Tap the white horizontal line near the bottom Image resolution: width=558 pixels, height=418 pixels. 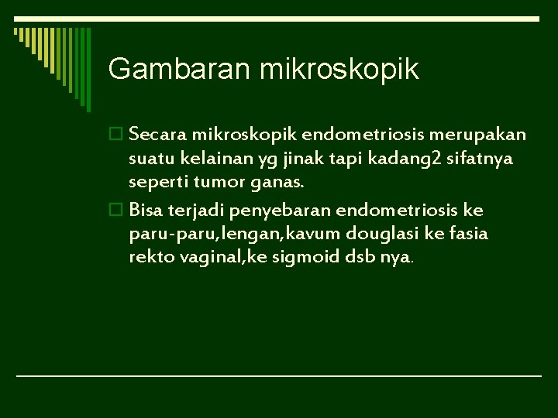coord(279,375)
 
